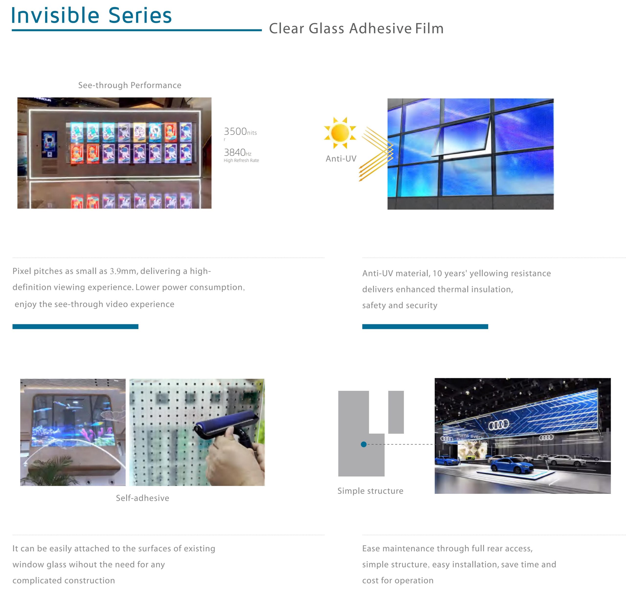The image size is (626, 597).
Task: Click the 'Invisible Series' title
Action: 91,15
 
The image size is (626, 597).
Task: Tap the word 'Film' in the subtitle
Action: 429,28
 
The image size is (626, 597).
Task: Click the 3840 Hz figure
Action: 237,152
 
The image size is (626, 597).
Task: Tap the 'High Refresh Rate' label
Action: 241,160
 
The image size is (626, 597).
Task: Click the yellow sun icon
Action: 340,133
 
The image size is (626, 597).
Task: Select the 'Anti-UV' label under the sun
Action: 341,158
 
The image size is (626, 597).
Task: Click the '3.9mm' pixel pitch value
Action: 123,271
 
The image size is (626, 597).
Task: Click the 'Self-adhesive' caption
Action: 142,498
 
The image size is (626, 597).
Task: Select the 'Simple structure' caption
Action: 370,491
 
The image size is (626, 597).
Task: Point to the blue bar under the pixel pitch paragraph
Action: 75,327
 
